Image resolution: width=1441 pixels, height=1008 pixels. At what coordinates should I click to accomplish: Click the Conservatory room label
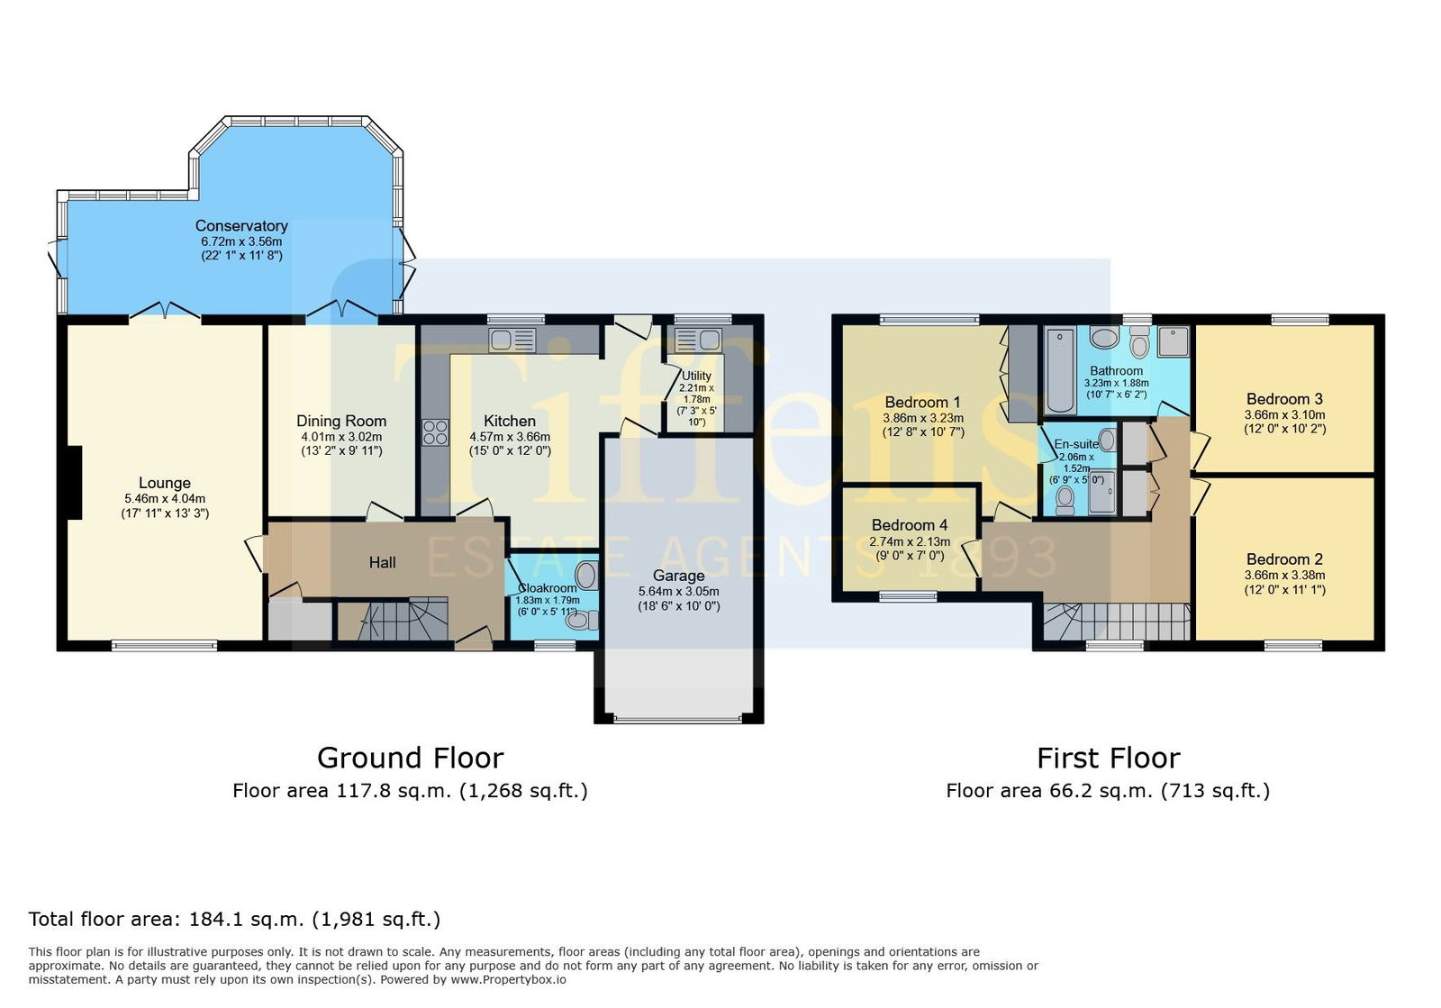tap(241, 226)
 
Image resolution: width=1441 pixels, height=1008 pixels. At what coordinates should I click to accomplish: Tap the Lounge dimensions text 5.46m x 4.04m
tap(165, 498)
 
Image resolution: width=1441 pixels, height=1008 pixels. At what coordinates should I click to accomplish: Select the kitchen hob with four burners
tap(435, 431)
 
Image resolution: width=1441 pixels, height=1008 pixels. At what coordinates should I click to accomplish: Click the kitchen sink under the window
tap(512, 340)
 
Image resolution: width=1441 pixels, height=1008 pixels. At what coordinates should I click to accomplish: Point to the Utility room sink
tap(697, 340)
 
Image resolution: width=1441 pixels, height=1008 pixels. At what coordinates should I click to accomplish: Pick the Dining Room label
tap(341, 422)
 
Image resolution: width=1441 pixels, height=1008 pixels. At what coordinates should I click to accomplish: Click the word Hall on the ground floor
tap(382, 563)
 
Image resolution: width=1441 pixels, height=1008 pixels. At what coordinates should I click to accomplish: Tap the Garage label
tap(679, 576)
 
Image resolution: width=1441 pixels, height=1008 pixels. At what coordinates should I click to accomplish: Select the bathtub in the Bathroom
tap(1060, 370)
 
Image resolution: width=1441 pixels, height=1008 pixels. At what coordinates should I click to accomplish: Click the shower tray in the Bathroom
tap(1174, 341)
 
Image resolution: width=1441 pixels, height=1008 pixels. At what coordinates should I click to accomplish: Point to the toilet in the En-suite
tap(1065, 500)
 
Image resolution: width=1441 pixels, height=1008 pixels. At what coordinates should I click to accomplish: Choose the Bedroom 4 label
tap(909, 525)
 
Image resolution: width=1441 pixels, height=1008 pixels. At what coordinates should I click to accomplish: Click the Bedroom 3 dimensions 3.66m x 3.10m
tap(1284, 415)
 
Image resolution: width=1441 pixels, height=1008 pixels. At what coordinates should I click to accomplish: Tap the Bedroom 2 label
tap(1284, 559)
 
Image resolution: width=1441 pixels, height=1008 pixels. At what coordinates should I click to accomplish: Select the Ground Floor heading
tap(411, 758)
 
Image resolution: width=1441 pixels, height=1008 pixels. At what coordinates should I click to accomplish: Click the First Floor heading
tap(1109, 758)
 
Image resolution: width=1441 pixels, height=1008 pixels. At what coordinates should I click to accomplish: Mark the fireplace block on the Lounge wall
tap(75, 483)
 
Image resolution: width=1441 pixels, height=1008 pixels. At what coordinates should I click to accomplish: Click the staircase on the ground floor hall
tap(394, 619)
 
